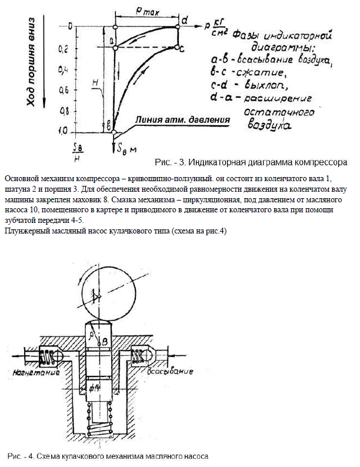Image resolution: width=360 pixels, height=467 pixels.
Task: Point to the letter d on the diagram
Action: point(184,21)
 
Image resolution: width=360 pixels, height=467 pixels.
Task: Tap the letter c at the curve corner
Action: point(182,47)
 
